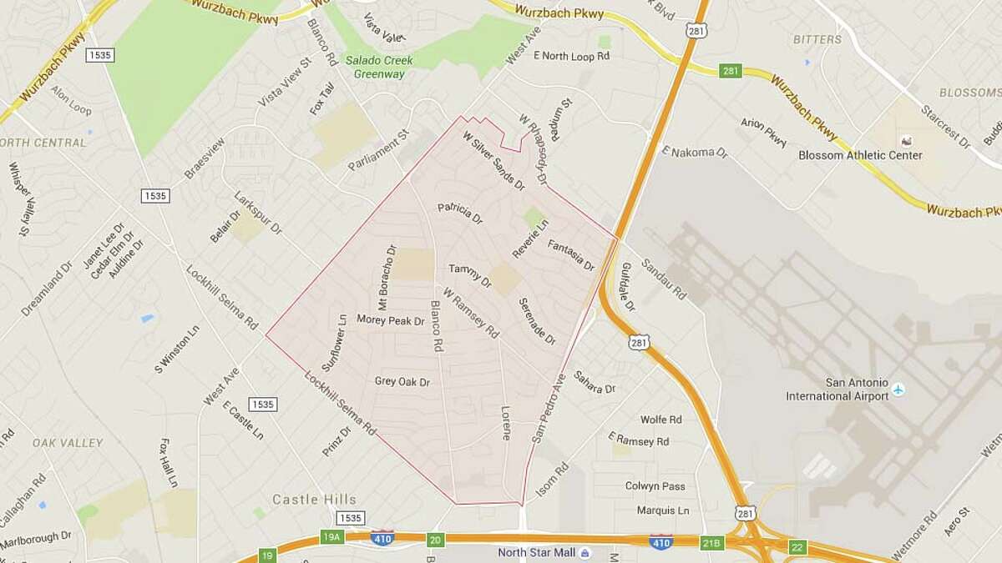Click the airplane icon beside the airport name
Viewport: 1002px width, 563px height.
(898, 390)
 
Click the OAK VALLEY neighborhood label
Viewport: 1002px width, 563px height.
(68, 443)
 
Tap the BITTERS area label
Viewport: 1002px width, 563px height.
(817, 39)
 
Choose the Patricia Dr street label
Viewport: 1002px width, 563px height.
(460, 213)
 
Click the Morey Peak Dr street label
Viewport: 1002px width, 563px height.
(391, 319)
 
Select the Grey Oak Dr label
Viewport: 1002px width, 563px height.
(402, 382)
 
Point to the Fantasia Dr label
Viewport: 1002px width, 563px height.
(571, 255)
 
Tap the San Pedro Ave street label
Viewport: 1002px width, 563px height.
(549, 408)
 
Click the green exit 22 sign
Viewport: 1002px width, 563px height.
(798, 547)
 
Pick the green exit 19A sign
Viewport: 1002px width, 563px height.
(331, 538)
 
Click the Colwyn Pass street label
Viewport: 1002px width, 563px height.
(655, 486)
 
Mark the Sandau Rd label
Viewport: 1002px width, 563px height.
(664, 279)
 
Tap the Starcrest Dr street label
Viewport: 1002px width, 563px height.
(945, 127)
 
